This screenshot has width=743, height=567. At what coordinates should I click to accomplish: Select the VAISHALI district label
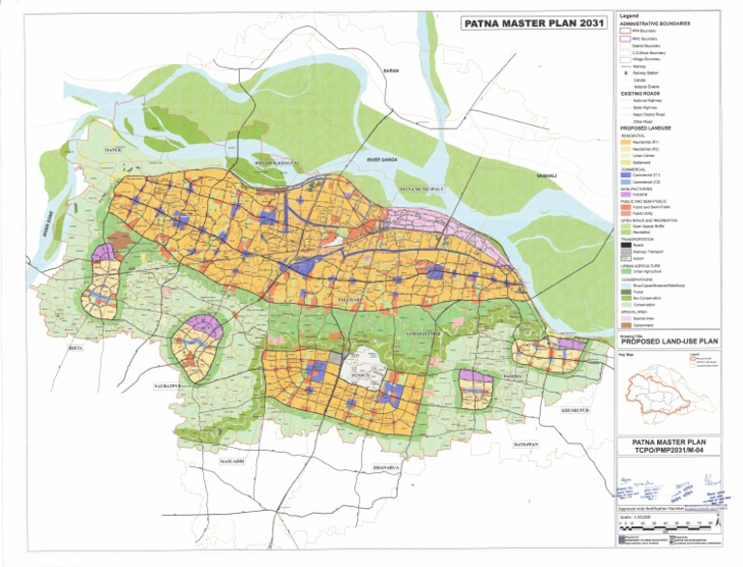[x=548, y=175]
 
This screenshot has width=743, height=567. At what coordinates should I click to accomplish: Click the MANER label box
[x=115, y=152]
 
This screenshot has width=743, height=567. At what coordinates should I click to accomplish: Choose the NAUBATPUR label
[x=167, y=385]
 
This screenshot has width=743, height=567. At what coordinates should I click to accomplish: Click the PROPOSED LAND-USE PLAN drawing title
[x=667, y=342]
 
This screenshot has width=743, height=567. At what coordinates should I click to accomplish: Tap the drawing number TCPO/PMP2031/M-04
[x=668, y=450]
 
